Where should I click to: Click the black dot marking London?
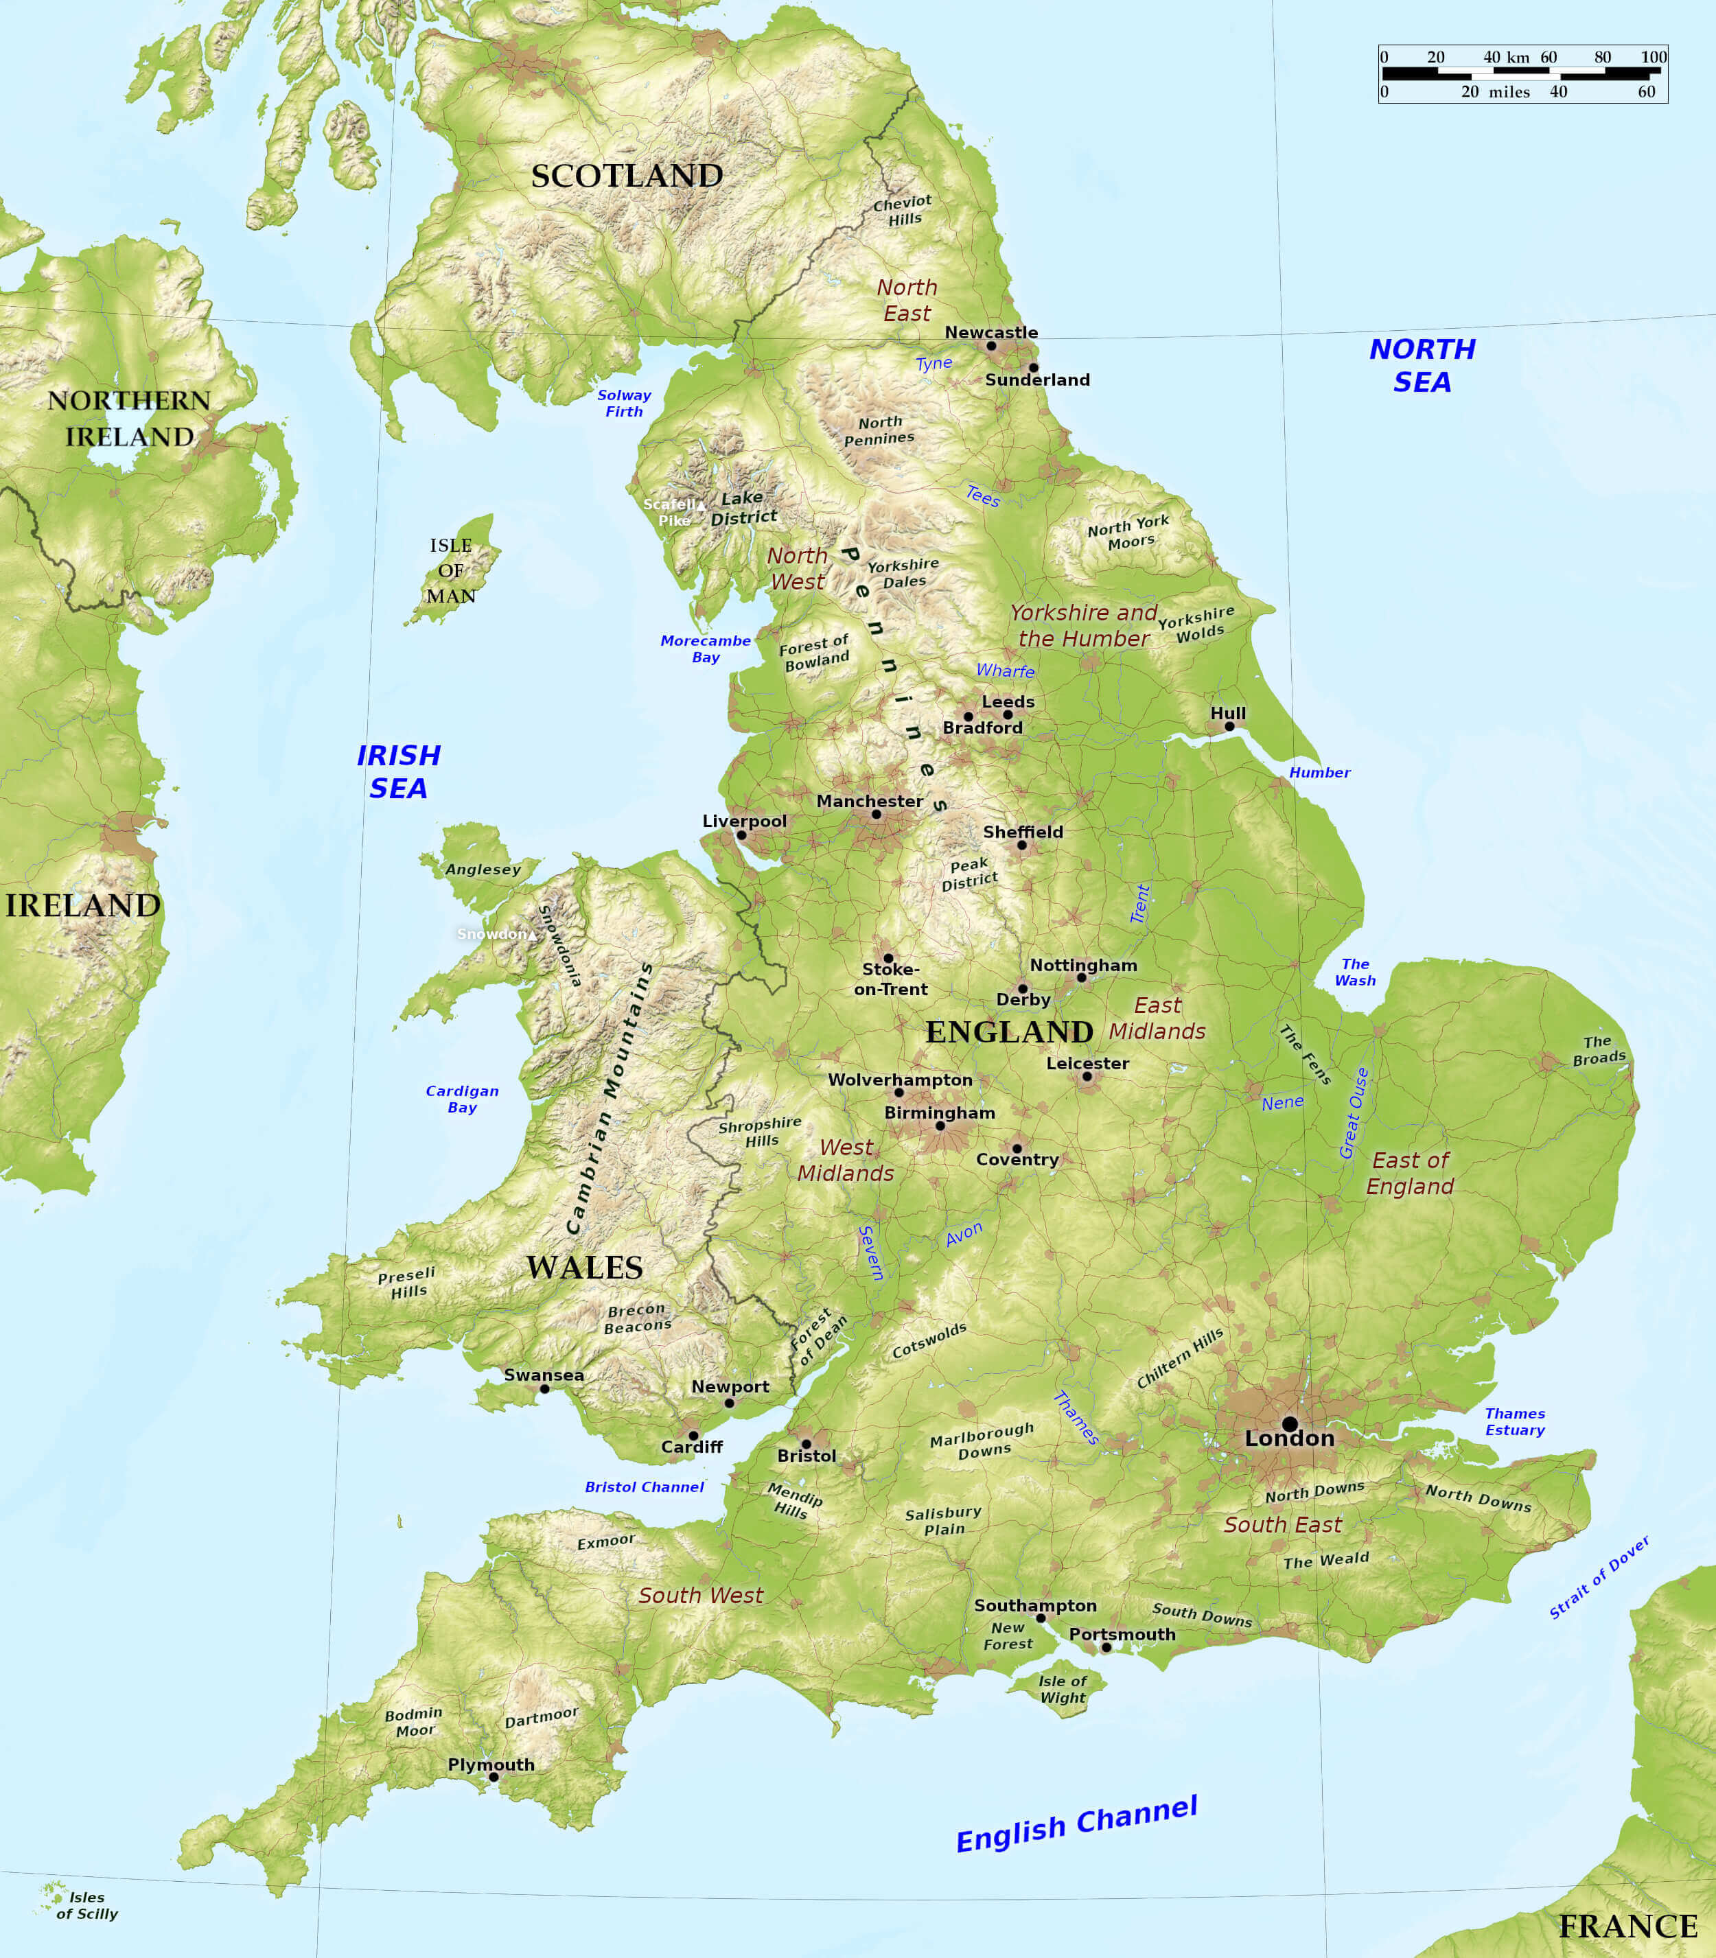1290,1424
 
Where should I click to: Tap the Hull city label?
1228,713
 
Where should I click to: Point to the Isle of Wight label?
1063,1689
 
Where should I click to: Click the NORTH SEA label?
1422,365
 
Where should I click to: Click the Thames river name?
1076,1418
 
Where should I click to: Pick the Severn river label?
870,1252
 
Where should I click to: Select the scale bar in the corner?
1522,73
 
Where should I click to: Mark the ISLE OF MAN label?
451,570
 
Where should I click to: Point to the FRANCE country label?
1628,1926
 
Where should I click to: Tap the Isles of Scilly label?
86,1905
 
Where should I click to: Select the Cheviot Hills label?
902,211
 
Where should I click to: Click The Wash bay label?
1355,972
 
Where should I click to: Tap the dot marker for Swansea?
544,1388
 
